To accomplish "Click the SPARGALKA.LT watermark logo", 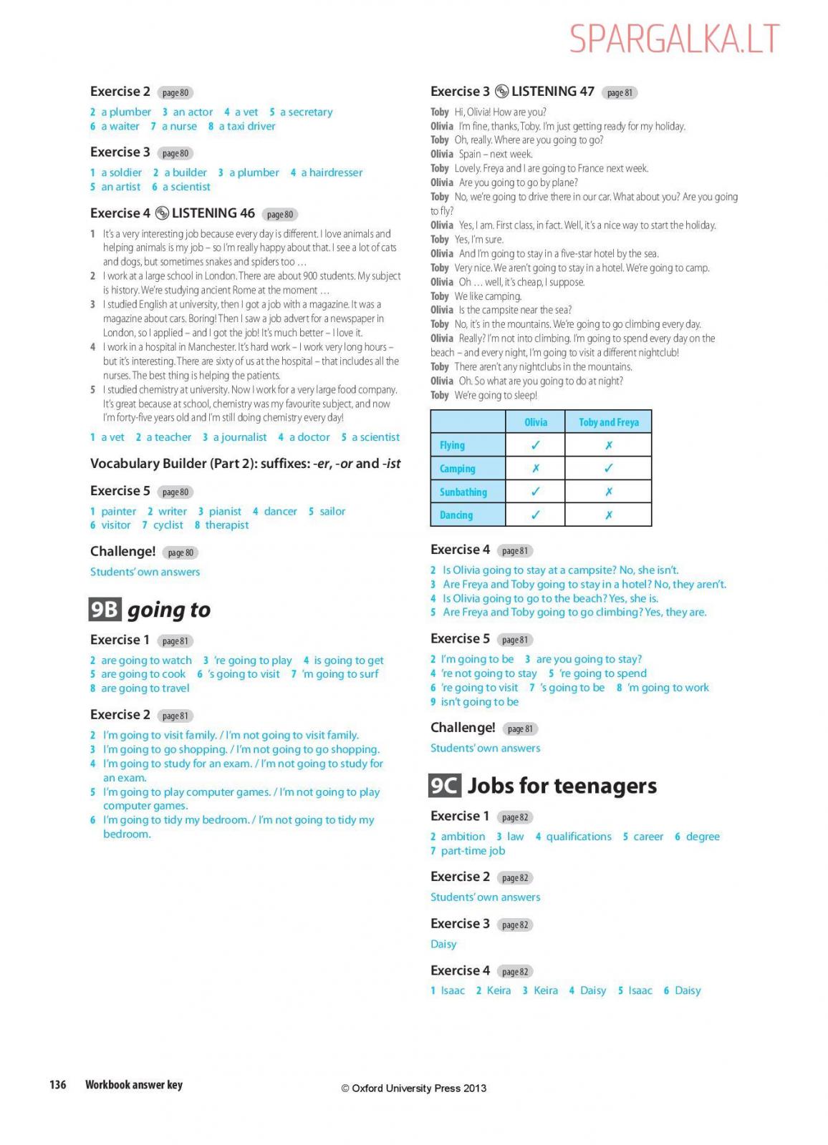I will tap(674, 39).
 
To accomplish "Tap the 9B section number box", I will tap(105, 609).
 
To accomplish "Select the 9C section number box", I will tap(444, 786).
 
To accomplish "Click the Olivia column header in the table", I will tap(535, 422).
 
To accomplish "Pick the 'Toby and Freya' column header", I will tap(608, 422).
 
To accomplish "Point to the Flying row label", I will tap(452, 445).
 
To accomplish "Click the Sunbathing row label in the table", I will tap(463, 492).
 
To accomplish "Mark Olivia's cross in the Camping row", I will tap(535, 469).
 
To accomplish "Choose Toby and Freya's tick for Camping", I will tap(608, 469).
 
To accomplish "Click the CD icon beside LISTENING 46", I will tap(162, 213).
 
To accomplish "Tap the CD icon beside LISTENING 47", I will tap(501, 92).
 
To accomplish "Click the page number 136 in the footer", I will tap(57, 1085).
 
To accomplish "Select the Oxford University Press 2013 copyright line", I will tap(413, 1088).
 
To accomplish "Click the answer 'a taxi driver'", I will tap(246, 127).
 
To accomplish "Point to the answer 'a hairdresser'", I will tap(332, 172).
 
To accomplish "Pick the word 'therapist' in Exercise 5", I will tap(226, 525).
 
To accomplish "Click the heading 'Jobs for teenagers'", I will tap(562, 786).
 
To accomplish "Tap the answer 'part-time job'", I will tap(473, 851).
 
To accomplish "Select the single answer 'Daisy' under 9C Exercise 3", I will tap(443, 944).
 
